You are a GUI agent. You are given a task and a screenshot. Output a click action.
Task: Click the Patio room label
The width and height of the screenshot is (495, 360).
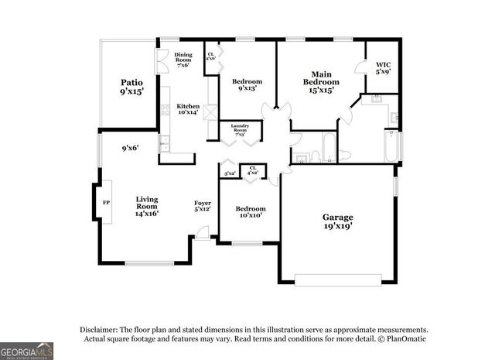[131, 86]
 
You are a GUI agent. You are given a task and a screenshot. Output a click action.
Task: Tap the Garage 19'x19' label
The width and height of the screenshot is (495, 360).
[338, 221]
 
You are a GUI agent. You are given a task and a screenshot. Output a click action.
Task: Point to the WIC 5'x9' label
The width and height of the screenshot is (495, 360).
[384, 68]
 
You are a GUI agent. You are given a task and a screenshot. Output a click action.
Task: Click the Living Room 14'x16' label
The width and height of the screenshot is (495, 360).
[147, 206]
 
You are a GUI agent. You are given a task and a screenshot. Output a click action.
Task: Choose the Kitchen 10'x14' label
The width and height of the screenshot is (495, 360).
[188, 110]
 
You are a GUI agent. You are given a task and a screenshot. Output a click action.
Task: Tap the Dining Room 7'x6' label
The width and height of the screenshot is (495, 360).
[183, 60]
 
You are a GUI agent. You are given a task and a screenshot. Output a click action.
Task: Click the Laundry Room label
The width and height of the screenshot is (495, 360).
[240, 130]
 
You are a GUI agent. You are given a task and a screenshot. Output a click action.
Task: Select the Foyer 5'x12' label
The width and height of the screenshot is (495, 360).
[203, 206]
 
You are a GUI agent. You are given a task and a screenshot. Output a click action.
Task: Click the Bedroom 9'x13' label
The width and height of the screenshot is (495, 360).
[247, 84]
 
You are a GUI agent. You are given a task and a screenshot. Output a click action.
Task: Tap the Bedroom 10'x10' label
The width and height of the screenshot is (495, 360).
[251, 211]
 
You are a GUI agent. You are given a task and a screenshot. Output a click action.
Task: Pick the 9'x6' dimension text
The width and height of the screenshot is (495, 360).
[130, 148]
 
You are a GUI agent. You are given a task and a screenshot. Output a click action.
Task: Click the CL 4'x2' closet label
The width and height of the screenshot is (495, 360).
[251, 170]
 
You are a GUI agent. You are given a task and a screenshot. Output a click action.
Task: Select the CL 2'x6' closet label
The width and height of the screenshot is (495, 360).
[210, 57]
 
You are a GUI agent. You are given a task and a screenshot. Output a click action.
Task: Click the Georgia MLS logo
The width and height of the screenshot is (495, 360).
[27, 350]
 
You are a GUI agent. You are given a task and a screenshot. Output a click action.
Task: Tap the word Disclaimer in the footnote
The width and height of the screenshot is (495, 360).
[95, 329]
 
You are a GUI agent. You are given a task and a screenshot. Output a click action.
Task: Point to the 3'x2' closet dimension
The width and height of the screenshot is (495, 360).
[229, 173]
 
